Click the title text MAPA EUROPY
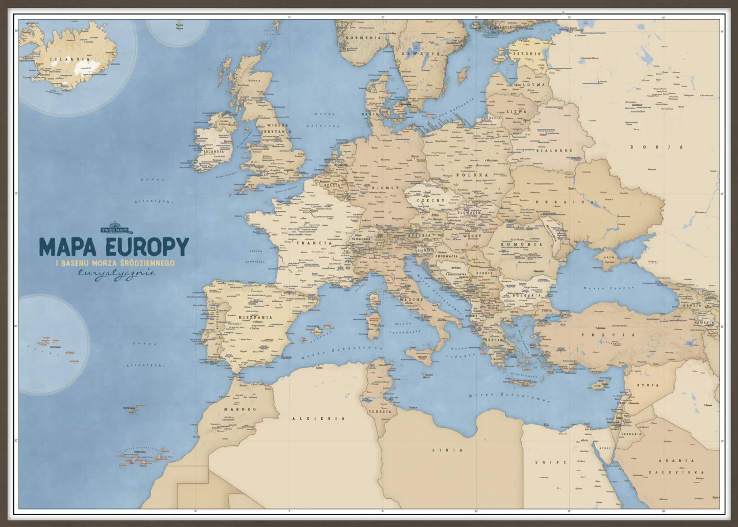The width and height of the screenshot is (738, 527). coord(114,247)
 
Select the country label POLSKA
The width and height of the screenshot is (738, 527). coord(472,175)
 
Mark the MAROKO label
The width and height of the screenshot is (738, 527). coord(239,409)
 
